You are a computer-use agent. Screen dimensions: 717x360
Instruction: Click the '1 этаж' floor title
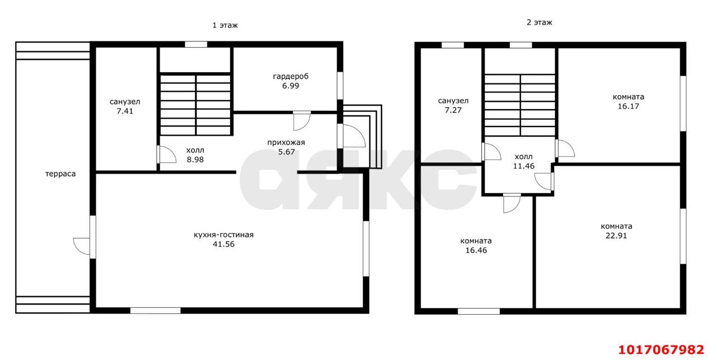click(x=225, y=25)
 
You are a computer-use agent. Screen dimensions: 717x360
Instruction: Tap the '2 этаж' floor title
click(x=539, y=22)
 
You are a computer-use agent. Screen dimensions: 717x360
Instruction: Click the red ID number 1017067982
click(x=662, y=349)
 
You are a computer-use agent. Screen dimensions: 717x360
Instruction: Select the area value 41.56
click(x=224, y=244)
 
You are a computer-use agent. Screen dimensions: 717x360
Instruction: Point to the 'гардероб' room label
click(x=291, y=77)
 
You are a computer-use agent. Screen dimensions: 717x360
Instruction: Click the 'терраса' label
click(x=60, y=174)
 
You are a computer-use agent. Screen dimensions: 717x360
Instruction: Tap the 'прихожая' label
click(x=286, y=142)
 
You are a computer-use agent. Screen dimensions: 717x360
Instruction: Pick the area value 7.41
click(x=125, y=111)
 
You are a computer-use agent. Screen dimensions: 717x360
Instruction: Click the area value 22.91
click(x=616, y=236)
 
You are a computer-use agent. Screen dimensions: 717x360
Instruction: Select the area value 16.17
click(x=628, y=106)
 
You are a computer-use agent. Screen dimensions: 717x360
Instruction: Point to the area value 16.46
click(x=476, y=250)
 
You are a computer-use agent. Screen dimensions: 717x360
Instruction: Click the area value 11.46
click(x=524, y=166)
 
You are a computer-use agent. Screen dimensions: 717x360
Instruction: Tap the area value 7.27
click(x=453, y=110)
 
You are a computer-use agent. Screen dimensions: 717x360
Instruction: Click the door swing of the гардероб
click(x=302, y=121)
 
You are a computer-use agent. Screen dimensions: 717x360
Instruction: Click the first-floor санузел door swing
click(x=166, y=155)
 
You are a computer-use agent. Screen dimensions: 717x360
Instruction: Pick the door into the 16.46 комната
click(x=511, y=204)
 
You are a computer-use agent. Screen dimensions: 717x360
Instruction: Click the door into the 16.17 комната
click(x=565, y=148)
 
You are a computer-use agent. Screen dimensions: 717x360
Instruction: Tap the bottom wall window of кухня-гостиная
click(x=155, y=310)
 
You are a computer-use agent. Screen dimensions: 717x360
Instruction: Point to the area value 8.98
click(x=195, y=160)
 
